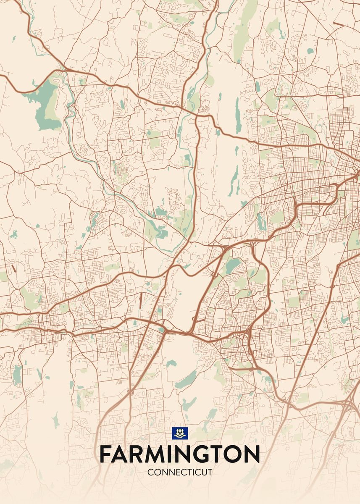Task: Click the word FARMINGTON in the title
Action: click(180, 454)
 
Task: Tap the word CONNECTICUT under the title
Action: click(180, 472)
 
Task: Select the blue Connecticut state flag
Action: click(180, 433)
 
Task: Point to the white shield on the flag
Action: click(180, 433)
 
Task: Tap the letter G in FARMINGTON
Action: click(208, 454)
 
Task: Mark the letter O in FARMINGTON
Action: click(236, 454)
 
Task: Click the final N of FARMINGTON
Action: click(253, 454)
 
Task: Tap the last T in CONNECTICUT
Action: click(210, 472)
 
